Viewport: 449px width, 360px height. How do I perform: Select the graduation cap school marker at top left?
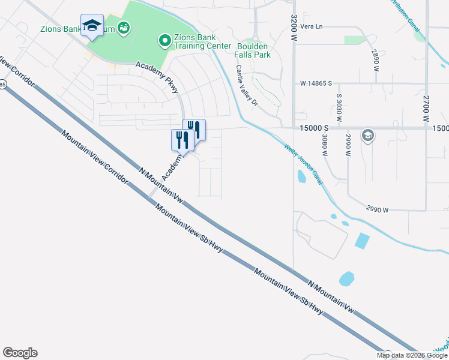tap(92, 26)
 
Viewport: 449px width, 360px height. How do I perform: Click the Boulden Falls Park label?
tap(254, 50)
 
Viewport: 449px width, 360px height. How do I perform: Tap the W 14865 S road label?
tap(316, 83)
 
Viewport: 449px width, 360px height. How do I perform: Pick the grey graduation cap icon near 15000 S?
tap(367, 136)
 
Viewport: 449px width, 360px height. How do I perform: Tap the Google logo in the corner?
tap(20, 353)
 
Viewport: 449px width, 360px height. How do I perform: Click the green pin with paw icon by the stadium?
tap(124, 27)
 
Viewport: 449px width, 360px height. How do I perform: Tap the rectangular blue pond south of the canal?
tap(362, 240)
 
